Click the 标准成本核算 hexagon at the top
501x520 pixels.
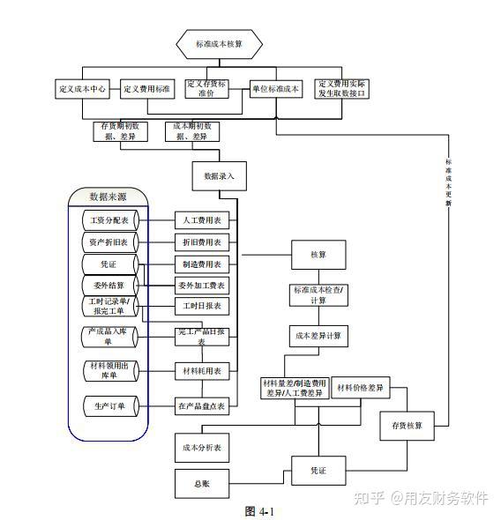click(x=220, y=43)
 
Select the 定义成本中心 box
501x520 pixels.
click(x=83, y=89)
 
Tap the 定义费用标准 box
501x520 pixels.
click(x=148, y=89)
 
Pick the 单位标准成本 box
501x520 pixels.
click(x=276, y=89)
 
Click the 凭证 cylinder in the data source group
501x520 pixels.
click(x=109, y=264)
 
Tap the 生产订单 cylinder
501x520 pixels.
click(x=109, y=406)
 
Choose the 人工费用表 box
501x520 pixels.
click(x=202, y=219)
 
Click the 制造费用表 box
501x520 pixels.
click(x=202, y=264)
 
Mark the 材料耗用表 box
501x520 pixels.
click(x=202, y=370)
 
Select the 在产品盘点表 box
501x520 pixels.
click(x=202, y=406)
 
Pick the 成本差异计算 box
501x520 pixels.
click(x=318, y=336)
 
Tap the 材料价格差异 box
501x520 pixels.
click(x=361, y=388)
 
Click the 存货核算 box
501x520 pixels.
click(x=408, y=426)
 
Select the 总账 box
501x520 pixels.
click(x=202, y=483)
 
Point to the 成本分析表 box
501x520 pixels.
click(x=202, y=448)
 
